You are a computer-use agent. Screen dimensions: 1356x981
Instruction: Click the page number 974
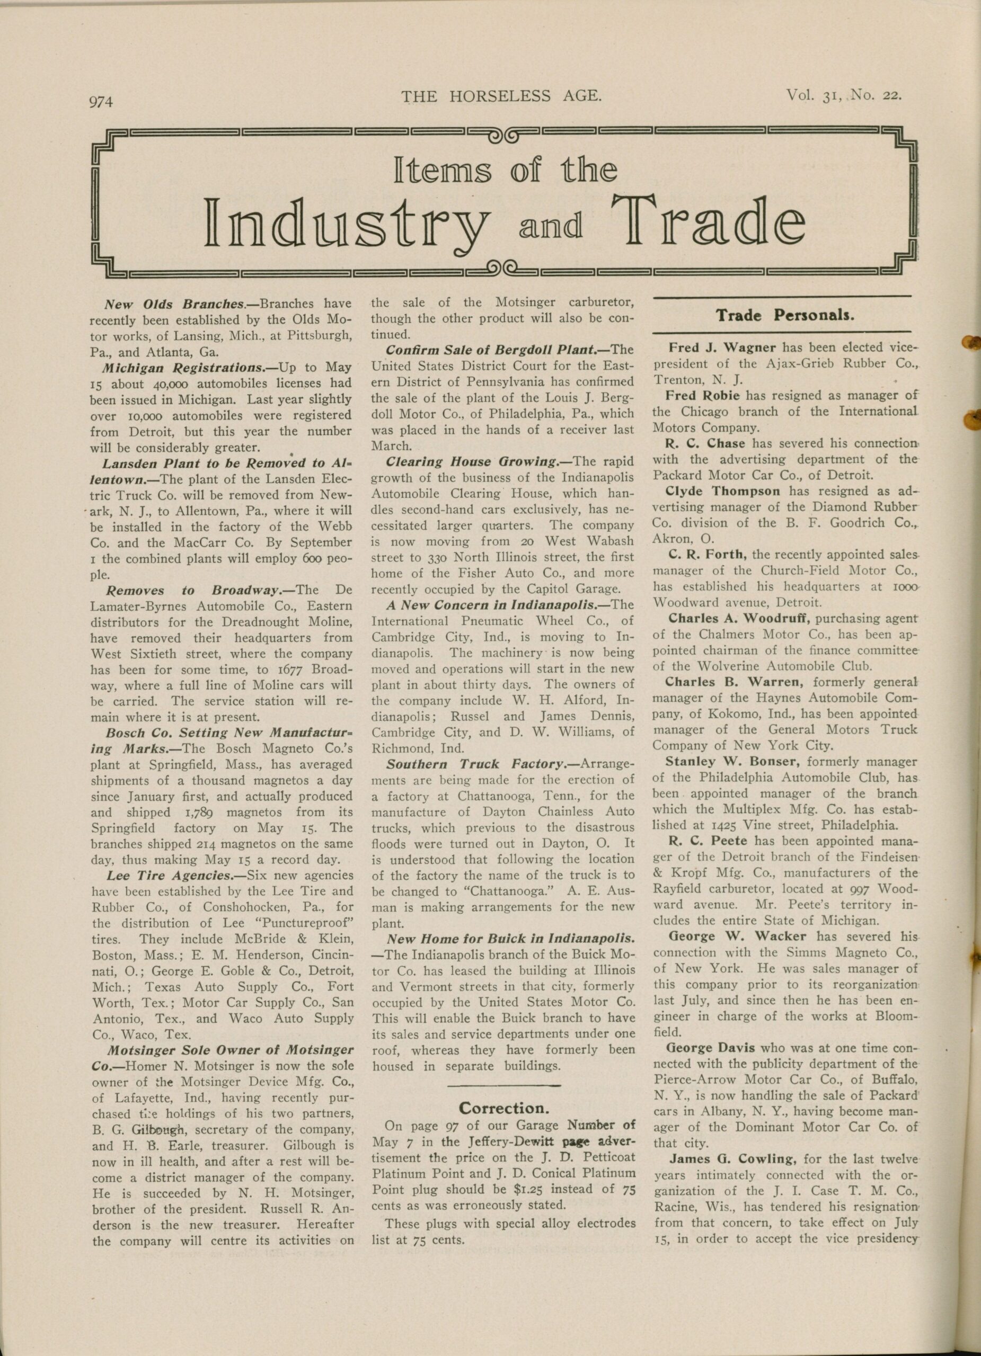[x=101, y=102]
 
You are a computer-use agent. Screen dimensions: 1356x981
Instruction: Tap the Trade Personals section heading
[x=785, y=315]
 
